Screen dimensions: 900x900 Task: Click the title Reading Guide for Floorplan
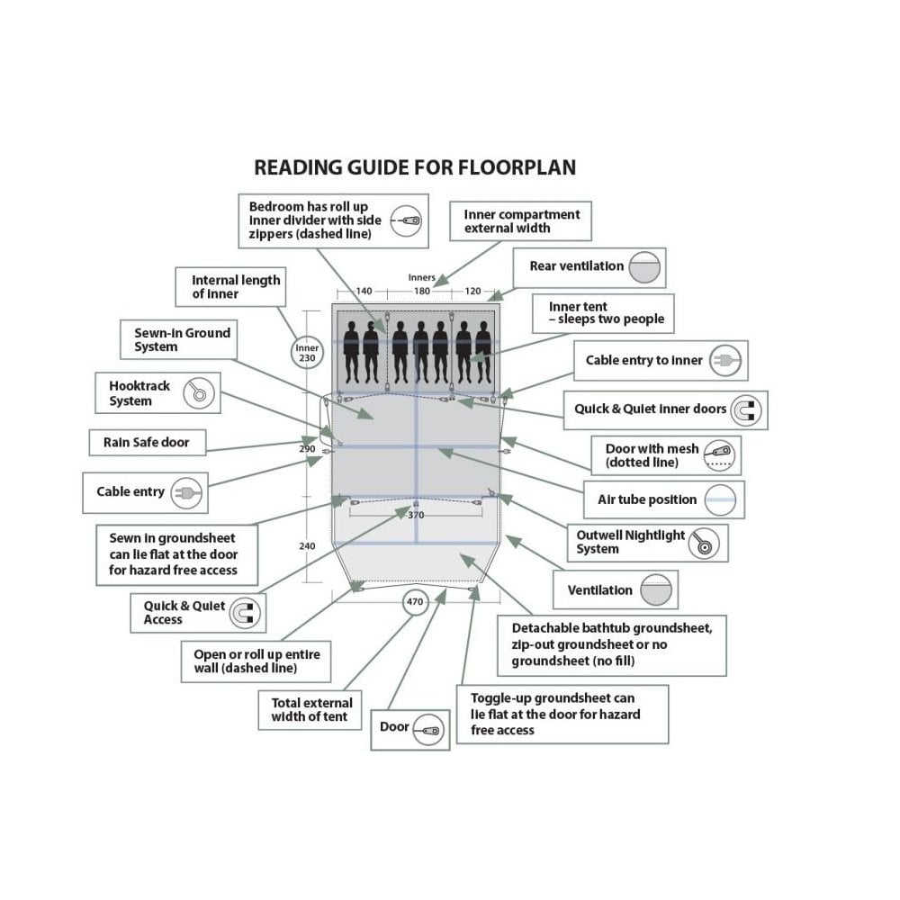click(414, 167)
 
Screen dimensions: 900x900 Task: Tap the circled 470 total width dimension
click(414, 601)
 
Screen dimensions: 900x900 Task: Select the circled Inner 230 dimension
click(307, 353)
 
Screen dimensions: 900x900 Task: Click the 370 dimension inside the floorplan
click(416, 515)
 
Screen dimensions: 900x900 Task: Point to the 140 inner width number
click(364, 291)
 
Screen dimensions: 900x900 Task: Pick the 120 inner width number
click(472, 291)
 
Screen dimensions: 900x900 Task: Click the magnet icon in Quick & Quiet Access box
click(245, 612)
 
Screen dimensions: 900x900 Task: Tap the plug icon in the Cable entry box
click(186, 492)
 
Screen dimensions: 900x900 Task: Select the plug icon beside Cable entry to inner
click(724, 361)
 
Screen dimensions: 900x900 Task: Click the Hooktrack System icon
click(199, 393)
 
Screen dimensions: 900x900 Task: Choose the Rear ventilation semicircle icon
click(644, 267)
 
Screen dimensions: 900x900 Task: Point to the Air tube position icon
click(720, 499)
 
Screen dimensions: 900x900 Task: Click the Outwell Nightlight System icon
click(705, 543)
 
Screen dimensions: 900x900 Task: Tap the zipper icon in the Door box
click(428, 730)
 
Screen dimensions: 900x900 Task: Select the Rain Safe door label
click(147, 443)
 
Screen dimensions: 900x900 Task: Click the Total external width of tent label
click(311, 710)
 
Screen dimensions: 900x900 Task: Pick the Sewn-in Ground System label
click(182, 340)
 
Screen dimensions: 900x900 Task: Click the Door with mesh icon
click(720, 455)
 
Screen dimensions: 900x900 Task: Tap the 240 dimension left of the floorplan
click(307, 546)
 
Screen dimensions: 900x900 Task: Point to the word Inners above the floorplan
click(422, 277)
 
